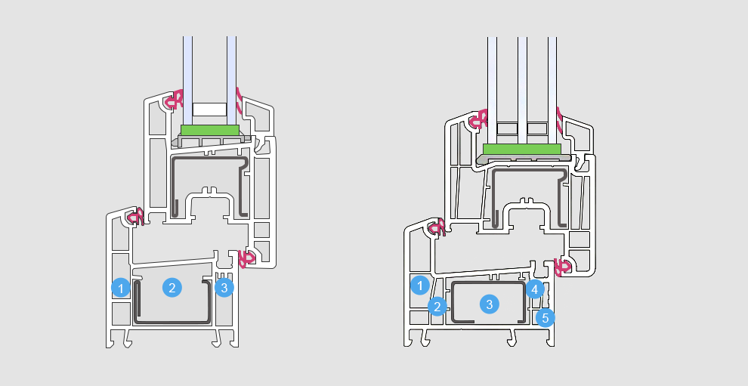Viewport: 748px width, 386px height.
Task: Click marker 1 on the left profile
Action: (121, 288)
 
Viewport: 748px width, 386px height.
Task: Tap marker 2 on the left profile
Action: (172, 287)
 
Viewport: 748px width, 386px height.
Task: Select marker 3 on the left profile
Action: (224, 287)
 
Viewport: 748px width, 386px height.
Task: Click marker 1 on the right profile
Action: (420, 286)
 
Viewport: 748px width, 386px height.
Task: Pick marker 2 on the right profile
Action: (437, 307)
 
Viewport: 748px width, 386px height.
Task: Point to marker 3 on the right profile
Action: (490, 304)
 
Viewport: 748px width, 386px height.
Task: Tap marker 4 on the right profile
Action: (535, 289)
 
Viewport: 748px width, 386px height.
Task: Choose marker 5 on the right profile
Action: (546, 317)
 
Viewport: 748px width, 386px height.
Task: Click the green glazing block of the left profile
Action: (210, 130)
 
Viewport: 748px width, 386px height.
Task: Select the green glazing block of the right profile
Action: (522, 149)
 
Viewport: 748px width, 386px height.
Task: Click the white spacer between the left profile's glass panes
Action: (209, 110)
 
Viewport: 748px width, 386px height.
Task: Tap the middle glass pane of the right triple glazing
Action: (522, 90)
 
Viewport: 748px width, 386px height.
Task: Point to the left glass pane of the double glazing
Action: (188, 81)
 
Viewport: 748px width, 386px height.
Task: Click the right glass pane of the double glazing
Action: (231, 81)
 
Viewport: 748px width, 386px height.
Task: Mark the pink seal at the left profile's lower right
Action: (246, 258)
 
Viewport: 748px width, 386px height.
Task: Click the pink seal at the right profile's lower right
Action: (562, 267)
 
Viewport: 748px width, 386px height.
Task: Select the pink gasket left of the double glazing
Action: (174, 99)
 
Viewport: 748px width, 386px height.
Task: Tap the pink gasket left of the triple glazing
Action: (478, 119)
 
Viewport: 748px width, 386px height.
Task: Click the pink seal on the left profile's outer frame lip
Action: (135, 217)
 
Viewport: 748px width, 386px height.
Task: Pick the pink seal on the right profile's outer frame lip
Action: (437, 227)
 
